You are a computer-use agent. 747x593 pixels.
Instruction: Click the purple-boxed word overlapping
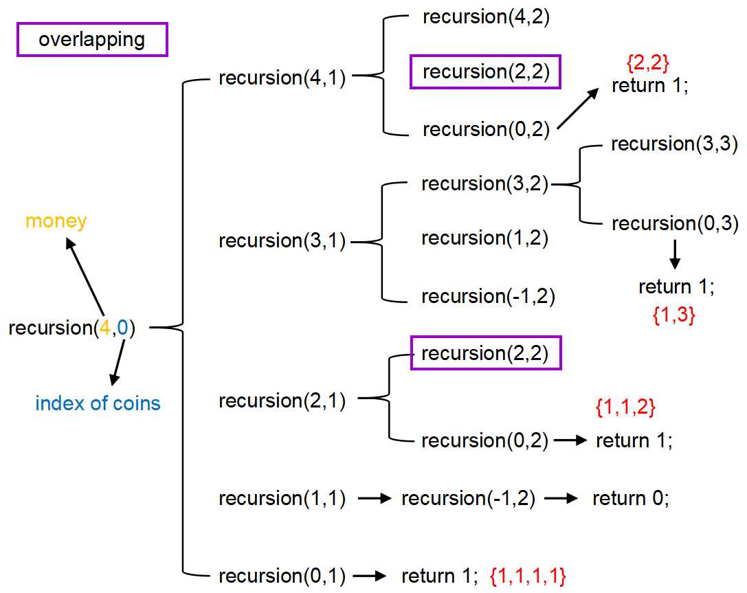92,40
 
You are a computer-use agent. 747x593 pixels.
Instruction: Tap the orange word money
56,222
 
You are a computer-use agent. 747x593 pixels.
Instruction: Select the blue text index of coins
98,403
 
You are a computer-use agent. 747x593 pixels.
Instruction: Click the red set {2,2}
648,64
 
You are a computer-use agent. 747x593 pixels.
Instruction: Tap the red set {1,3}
674,315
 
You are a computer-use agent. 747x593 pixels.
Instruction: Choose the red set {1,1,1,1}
528,576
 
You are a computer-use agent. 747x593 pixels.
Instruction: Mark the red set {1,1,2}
625,408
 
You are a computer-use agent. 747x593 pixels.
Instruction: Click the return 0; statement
630,498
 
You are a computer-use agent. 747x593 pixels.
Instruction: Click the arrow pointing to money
85,278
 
